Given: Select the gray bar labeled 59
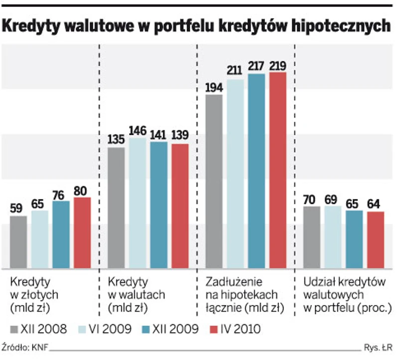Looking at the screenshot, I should tap(18, 242).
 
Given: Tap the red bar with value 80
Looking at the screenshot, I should tap(82, 232).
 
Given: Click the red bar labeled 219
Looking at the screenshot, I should tap(278, 170).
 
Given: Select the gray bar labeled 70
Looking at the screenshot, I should tap(311, 237).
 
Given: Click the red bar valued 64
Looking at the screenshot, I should tap(376, 239).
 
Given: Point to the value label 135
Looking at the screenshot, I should tap(116, 140).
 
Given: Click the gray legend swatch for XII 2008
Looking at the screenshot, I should tap(14, 329).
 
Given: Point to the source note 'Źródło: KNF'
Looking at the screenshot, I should tap(25, 348).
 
